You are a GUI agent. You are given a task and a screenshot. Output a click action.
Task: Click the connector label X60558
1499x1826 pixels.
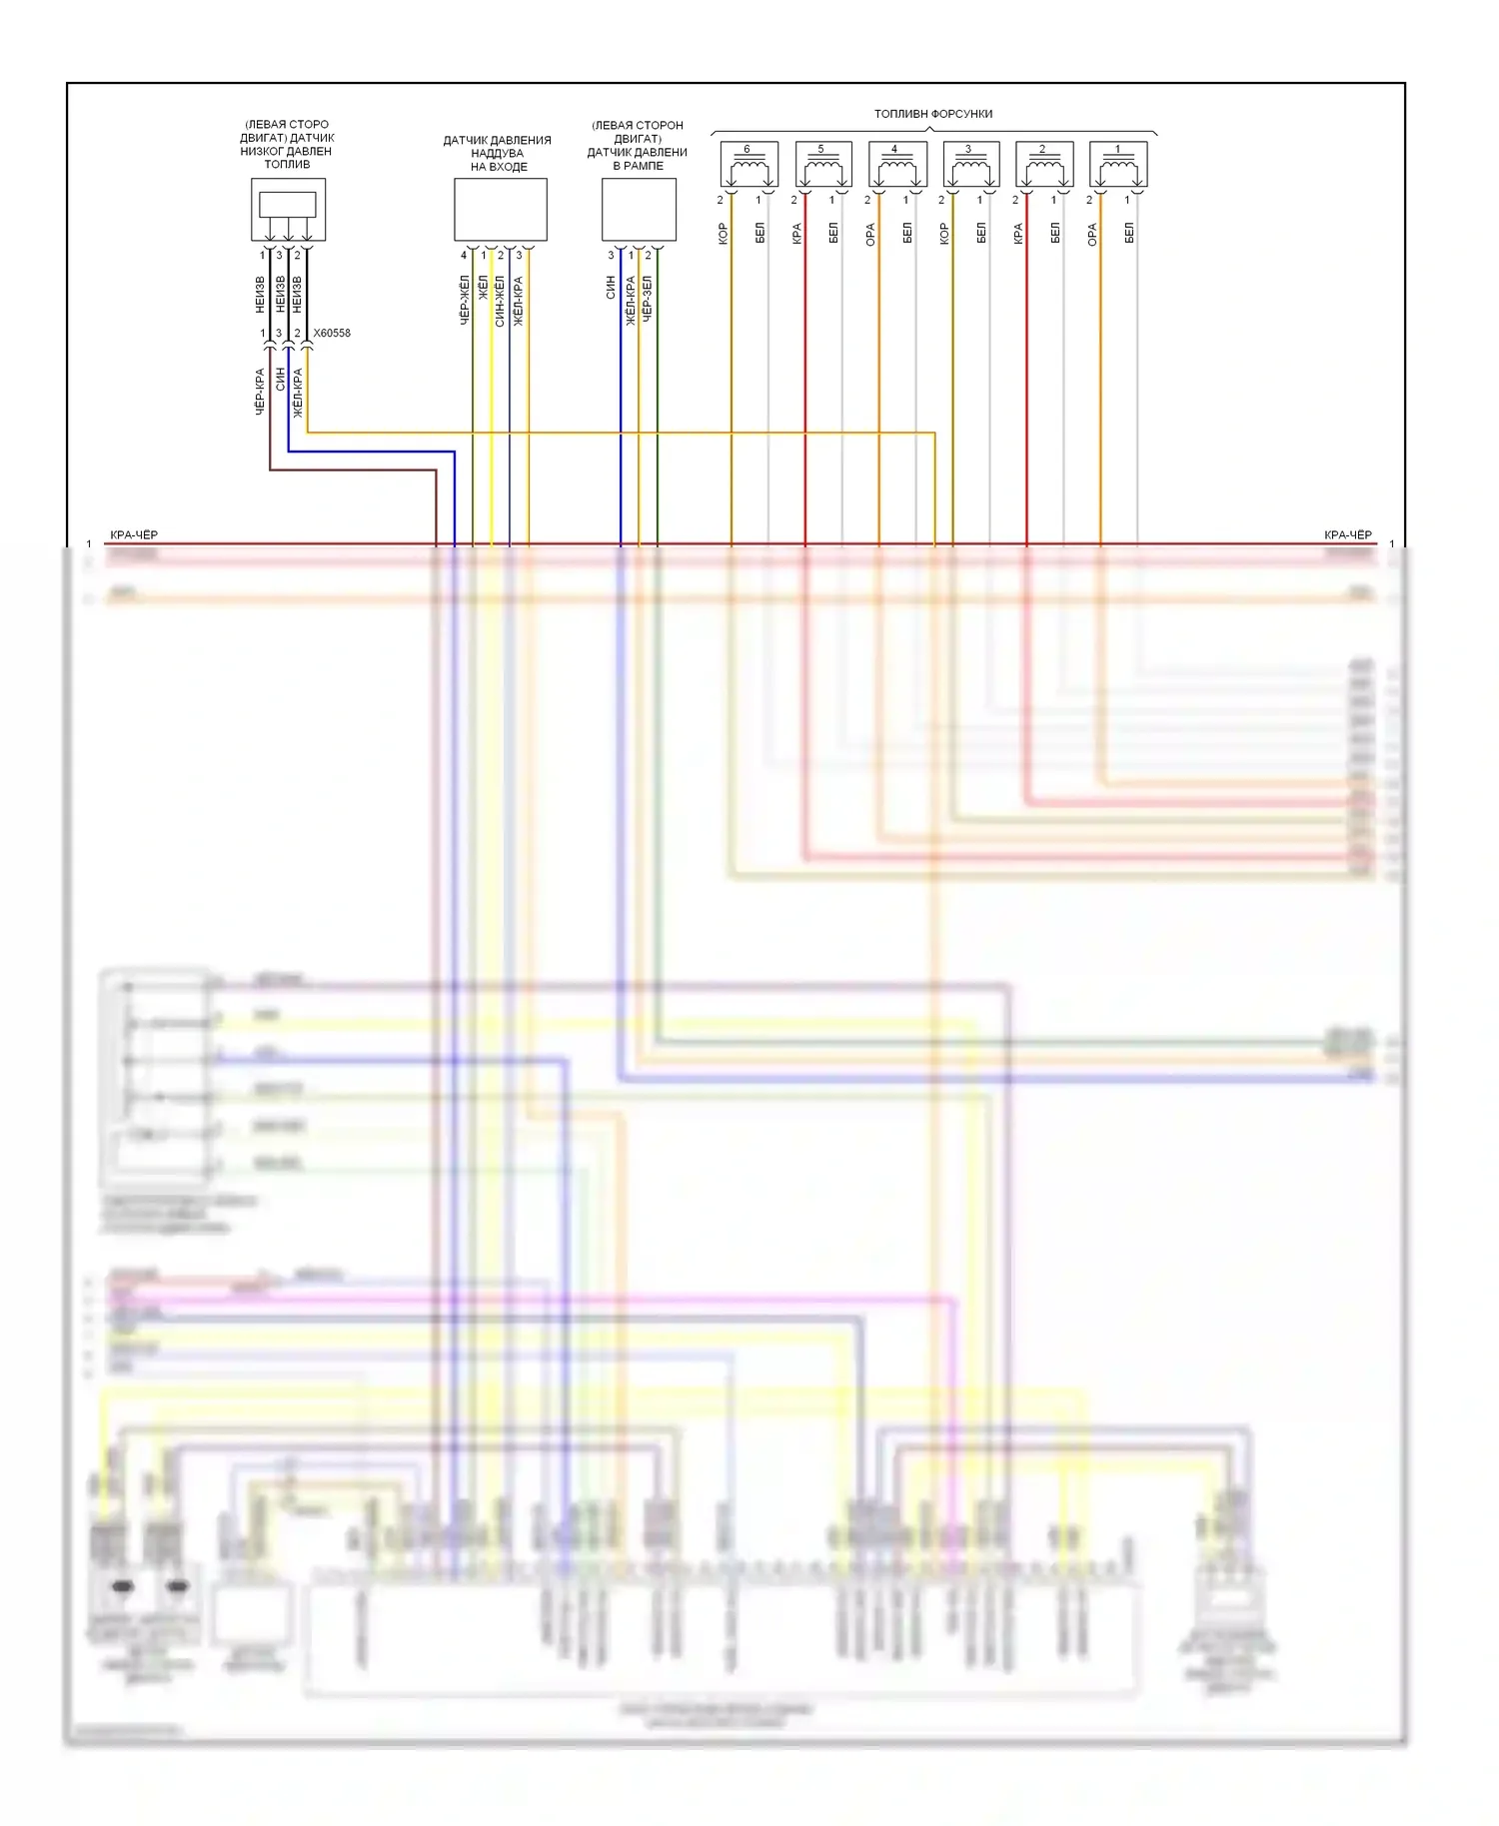332,334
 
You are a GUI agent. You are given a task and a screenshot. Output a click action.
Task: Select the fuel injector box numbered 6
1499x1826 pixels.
749,165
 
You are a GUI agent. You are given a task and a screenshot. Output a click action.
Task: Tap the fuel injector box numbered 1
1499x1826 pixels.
1117,165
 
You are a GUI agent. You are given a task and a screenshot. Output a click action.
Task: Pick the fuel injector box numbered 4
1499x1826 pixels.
896,165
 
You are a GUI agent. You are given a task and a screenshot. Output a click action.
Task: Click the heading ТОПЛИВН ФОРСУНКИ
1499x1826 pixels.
933,114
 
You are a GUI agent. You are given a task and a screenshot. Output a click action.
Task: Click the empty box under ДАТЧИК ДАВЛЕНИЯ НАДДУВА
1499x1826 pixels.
500,210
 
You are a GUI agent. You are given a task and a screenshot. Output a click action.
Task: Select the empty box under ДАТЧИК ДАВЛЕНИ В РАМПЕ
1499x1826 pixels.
639,210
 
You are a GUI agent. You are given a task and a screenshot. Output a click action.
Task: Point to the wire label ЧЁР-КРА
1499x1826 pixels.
260,392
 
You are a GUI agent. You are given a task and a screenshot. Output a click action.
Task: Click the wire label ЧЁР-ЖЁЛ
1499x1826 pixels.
465,301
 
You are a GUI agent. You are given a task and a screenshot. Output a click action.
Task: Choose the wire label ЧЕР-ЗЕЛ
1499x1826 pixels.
648,299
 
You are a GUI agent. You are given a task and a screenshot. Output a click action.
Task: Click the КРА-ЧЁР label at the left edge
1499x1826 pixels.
134,535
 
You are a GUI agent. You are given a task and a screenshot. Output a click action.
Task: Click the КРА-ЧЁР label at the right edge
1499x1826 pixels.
1347,535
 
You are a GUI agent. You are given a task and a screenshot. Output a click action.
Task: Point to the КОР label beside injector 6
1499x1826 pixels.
723,234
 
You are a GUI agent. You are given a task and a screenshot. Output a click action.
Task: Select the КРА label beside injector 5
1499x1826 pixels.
796,234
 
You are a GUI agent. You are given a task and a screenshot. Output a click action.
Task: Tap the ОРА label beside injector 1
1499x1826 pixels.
1092,234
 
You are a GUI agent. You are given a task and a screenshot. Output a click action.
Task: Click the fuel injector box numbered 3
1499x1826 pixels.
970,165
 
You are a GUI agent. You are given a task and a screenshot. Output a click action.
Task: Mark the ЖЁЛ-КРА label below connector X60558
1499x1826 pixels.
298,392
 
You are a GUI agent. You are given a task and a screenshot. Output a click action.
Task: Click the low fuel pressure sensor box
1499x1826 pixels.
288,209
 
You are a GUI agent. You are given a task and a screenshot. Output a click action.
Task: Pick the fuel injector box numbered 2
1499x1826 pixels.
1044,165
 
